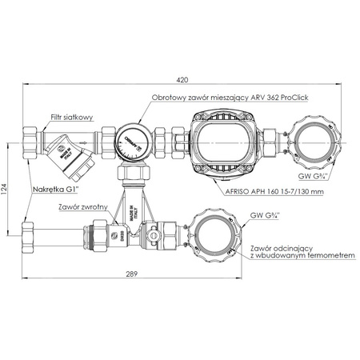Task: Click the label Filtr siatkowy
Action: click(x=71, y=117)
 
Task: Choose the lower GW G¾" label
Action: click(x=266, y=215)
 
